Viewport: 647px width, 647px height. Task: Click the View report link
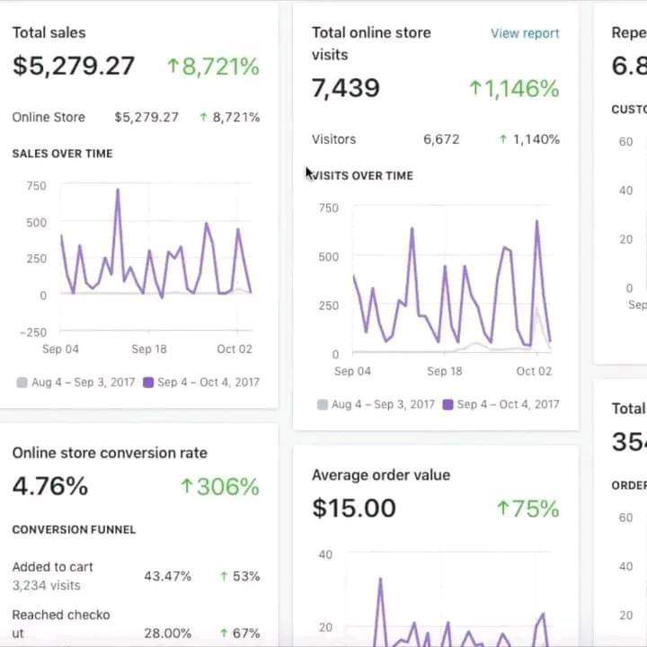pyautogui.click(x=525, y=33)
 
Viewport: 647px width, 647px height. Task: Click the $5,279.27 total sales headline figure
pyautogui.click(x=74, y=66)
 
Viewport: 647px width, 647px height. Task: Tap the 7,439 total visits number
pyautogui.click(x=346, y=88)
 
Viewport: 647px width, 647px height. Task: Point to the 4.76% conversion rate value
pyautogui.click(x=50, y=487)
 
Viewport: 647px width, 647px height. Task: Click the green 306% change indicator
pyautogui.click(x=219, y=487)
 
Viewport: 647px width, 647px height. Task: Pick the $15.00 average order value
pyautogui.click(x=354, y=509)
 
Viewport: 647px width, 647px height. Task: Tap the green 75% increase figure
pyautogui.click(x=527, y=509)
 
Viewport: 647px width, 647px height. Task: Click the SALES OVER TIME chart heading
pyautogui.click(x=62, y=154)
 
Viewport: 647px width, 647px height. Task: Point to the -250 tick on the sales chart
pyautogui.click(x=32, y=332)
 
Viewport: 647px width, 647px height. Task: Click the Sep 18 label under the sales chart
pyautogui.click(x=149, y=350)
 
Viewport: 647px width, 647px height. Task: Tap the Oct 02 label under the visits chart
pyautogui.click(x=534, y=371)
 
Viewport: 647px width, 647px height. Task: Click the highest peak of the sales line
pyautogui.click(x=117, y=190)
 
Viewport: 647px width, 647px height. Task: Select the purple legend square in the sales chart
pyautogui.click(x=148, y=382)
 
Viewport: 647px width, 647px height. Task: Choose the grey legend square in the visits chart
pyautogui.click(x=323, y=404)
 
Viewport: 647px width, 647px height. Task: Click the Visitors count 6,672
pyautogui.click(x=441, y=139)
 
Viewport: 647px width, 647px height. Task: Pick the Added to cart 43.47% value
pyautogui.click(x=167, y=576)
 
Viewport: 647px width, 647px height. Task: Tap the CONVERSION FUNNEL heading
pyautogui.click(x=74, y=529)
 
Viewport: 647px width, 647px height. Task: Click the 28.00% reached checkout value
pyautogui.click(x=167, y=634)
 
